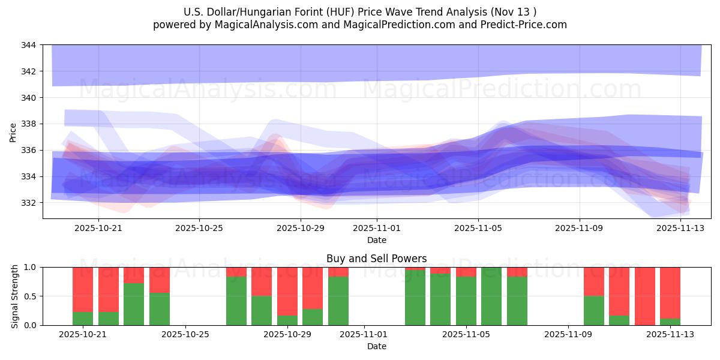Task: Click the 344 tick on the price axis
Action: coord(29,45)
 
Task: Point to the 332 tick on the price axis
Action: coord(29,203)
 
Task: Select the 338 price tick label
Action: coord(29,124)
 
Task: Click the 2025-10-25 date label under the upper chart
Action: coord(199,228)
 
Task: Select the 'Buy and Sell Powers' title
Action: coord(376,259)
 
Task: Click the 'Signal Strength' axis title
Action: coord(15,296)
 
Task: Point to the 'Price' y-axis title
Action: coord(13,131)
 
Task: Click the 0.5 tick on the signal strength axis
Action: coord(31,296)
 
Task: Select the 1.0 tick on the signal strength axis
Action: coord(31,267)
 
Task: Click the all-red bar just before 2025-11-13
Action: coord(644,296)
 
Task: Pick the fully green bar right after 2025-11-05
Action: coord(491,296)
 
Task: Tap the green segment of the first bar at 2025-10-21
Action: coord(83,319)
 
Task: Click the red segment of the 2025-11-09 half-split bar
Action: coord(593,281)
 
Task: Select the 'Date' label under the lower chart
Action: coord(376,346)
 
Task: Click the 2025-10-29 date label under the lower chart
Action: coord(287,335)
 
